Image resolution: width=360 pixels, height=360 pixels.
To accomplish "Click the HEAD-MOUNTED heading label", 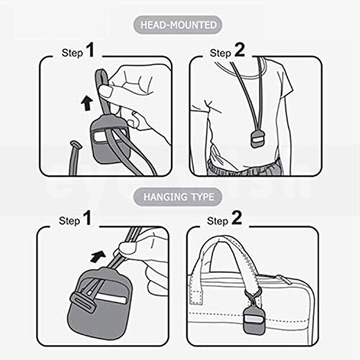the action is (x=178, y=25).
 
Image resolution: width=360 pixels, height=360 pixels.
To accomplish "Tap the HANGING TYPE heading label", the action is (x=178, y=197).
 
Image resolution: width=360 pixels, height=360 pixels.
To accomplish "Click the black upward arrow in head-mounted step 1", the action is (x=87, y=103).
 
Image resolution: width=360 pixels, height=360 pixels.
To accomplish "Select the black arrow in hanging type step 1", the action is (x=98, y=256).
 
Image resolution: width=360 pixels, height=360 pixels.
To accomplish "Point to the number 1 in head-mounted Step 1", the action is (x=90, y=50).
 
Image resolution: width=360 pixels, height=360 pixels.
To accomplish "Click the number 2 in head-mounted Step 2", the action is (x=240, y=50).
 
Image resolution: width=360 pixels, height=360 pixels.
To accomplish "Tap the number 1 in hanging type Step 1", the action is (x=87, y=217).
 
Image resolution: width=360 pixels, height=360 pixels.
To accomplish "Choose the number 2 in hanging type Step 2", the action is (x=237, y=217).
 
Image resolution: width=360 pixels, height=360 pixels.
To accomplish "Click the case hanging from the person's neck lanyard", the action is (x=257, y=139).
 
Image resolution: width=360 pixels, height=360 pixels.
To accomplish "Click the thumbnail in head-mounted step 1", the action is (x=106, y=91).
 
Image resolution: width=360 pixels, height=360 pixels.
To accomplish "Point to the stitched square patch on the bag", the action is (x=196, y=297).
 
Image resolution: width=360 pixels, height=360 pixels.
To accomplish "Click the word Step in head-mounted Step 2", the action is (x=220, y=53).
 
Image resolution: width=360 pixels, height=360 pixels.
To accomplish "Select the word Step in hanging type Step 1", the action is (x=69, y=221).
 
